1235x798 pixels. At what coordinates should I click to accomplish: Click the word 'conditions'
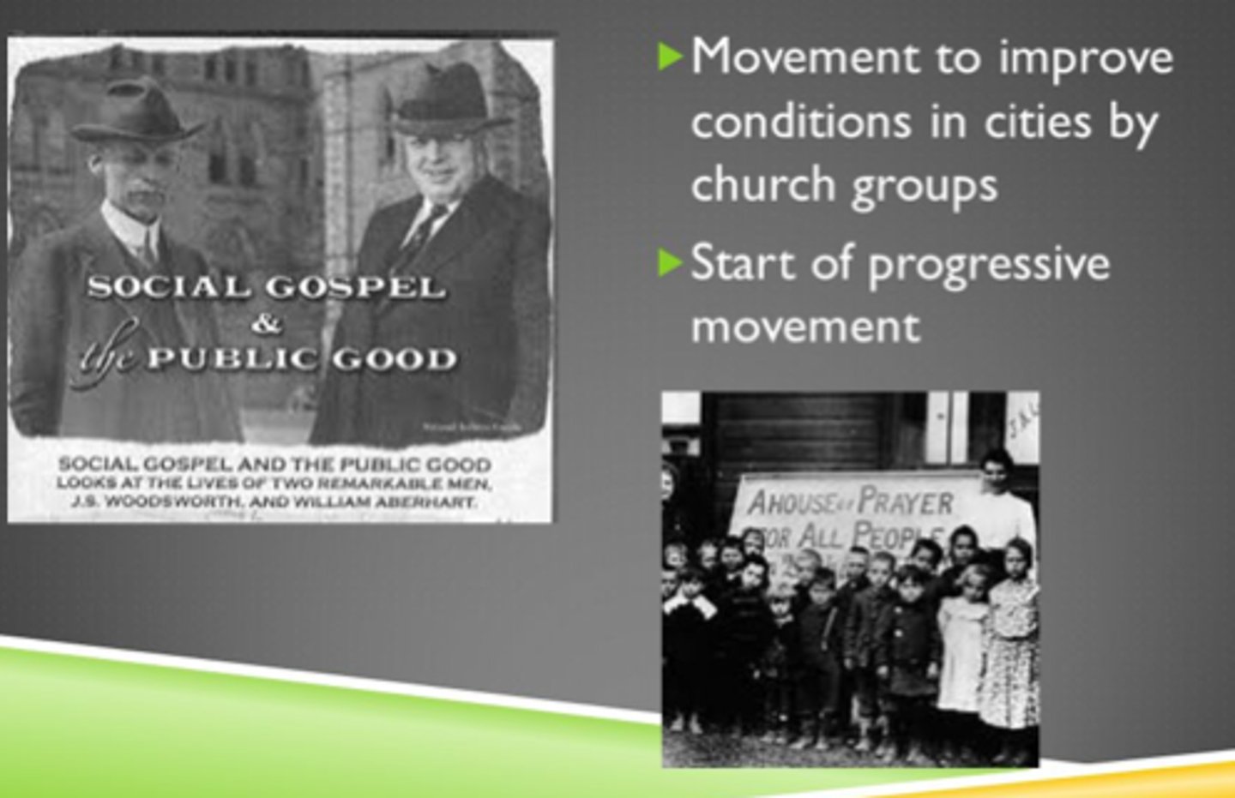[x=800, y=122]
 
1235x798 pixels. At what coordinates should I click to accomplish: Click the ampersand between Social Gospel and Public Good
[x=267, y=323]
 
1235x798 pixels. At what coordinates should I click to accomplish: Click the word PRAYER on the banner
[x=905, y=501]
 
